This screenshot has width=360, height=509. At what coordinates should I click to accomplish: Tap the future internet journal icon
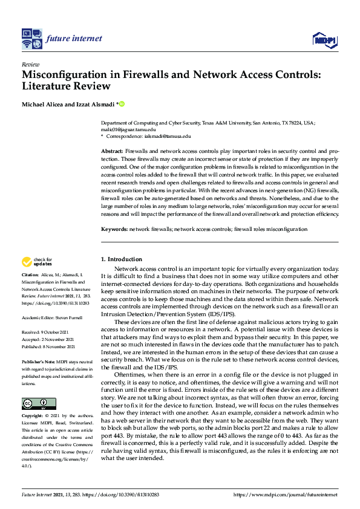click(31, 38)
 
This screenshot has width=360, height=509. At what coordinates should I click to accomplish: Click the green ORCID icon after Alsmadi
click(122, 105)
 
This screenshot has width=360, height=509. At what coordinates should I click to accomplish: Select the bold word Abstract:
click(112, 150)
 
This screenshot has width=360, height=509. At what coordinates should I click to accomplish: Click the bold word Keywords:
click(114, 229)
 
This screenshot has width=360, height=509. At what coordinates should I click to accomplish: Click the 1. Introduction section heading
click(121, 259)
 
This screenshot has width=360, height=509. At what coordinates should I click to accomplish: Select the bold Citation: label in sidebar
click(30, 274)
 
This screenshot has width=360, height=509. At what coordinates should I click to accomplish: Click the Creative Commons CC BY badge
click(39, 403)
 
